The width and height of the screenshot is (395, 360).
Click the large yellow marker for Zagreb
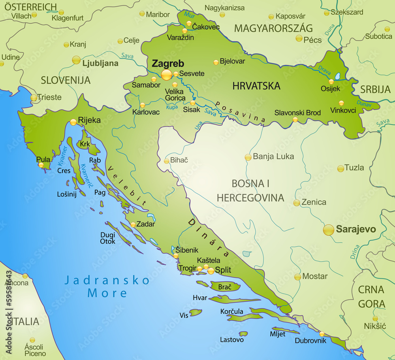[x=167, y=75]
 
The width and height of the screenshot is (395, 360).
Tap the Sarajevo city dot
[x=329, y=230]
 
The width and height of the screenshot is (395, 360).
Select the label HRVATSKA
[x=256, y=86]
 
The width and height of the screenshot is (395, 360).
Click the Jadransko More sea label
[x=107, y=287]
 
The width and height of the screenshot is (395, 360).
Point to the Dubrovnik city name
[x=310, y=340]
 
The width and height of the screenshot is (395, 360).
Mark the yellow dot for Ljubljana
[x=76, y=60]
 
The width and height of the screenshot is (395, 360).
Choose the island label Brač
[x=225, y=287]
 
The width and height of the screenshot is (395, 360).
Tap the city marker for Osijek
[x=331, y=82]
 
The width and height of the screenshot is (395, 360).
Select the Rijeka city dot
[x=73, y=123]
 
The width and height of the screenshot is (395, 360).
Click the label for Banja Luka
[x=273, y=156]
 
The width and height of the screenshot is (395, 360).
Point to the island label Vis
[x=184, y=315]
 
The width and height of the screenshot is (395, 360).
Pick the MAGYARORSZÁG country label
[x=273, y=28]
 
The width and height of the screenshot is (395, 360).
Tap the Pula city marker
[x=41, y=165]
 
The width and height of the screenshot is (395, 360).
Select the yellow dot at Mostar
[x=297, y=277]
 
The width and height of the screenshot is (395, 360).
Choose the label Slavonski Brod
[x=297, y=113]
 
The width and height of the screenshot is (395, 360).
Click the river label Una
[x=198, y=126]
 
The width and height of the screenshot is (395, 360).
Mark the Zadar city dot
[x=133, y=224]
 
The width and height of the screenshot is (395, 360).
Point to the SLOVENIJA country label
[x=66, y=80]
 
